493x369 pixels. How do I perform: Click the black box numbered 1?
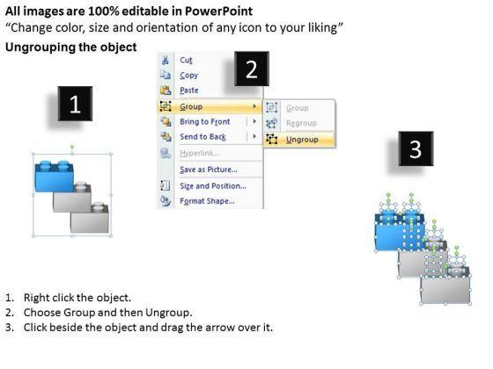point(75,104)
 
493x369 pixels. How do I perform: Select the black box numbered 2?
point(252,69)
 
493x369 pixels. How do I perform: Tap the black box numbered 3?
point(416,148)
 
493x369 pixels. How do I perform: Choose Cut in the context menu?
point(186,60)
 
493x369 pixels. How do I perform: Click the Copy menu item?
point(188,76)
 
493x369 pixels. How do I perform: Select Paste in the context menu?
point(189,90)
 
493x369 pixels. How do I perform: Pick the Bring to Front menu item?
point(204,121)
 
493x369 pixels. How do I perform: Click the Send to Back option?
point(202,137)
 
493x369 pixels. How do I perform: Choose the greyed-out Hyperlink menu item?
point(200,153)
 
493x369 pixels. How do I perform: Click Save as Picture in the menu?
point(209,170)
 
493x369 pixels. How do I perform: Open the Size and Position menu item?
point(213,186)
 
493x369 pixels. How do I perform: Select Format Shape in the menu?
point(207,201)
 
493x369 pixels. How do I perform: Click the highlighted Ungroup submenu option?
point(302,140)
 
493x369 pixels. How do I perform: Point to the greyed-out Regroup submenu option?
point(301,123)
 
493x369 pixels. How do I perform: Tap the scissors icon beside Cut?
point(166,60)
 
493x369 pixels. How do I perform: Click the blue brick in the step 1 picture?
point(55,177)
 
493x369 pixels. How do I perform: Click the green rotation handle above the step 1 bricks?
point(72,147)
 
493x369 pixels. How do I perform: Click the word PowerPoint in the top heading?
point(218,11)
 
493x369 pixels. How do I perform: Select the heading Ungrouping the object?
point(71,47)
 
